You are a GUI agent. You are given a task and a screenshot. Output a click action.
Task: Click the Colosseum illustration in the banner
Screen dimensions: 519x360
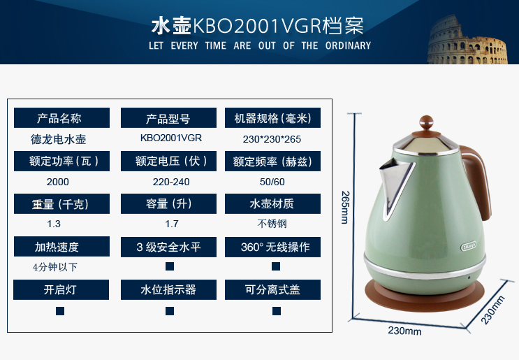467,41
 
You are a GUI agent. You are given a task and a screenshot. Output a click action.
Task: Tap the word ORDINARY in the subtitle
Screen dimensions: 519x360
348,45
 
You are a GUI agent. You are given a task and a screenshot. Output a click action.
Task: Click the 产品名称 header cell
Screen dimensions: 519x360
61,117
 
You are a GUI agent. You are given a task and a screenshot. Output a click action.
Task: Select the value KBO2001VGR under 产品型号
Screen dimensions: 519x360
171,138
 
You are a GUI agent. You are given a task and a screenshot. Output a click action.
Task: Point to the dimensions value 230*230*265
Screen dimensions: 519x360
272,139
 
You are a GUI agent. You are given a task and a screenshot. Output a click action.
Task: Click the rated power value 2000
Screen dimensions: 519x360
57,182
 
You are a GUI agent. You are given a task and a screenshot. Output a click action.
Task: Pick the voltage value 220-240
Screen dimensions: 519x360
171,182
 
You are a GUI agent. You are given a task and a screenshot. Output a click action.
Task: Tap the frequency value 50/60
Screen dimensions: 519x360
272,182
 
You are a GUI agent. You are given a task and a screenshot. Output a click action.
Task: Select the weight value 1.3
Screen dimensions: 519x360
54,224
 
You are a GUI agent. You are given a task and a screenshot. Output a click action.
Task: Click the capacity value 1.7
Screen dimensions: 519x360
172,224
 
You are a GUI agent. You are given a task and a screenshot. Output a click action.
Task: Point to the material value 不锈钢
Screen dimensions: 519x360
272,224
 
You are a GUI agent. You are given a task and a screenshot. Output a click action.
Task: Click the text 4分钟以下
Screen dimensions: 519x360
55,267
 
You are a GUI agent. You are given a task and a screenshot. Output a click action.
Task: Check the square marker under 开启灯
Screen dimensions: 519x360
60,311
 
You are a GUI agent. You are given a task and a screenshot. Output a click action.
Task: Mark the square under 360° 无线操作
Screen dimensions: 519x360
276,266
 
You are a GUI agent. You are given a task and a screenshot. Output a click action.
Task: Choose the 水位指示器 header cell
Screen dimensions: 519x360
168,290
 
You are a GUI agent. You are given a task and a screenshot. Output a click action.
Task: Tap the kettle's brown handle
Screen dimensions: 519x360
476,182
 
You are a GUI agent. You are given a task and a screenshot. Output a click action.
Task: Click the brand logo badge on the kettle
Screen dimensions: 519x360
469,246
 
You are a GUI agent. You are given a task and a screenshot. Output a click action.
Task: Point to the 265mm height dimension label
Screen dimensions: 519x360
345,208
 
